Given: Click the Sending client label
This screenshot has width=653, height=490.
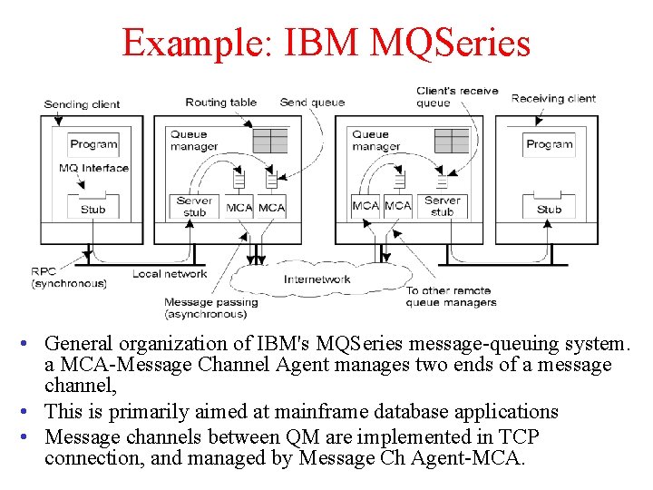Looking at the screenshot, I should coord(82,104).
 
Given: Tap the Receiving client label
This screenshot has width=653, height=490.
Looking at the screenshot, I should coord(553,98).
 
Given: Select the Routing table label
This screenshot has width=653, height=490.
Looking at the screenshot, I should coord(220,103).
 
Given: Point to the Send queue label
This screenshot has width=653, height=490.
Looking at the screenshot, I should coord(312,103).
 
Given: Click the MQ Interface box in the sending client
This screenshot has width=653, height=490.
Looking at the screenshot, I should coord(93,168).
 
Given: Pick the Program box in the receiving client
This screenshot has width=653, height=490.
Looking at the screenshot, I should coord(549,144).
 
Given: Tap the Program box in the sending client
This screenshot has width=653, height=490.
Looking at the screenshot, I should coord(93,144).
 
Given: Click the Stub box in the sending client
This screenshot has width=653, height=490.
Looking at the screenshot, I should coord(93,209).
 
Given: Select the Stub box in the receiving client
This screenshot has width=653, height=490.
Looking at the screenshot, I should coord(549,209).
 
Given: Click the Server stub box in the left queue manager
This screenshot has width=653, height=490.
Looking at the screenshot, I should coord(194,207).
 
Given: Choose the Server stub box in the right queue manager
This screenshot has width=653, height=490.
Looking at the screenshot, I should coord(442,207).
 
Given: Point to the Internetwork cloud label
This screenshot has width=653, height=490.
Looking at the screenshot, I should coord(317,279).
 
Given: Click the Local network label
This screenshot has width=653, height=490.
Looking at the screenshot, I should coord(170,273).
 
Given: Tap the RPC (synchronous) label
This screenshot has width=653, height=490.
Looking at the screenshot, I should coord(68,278).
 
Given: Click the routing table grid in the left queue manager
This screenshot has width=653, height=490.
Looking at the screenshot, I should coord(269,141).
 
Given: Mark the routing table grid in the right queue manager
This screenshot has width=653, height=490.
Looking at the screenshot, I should coord(451,141).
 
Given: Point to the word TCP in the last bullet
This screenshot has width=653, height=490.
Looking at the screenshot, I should coord(519,436).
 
